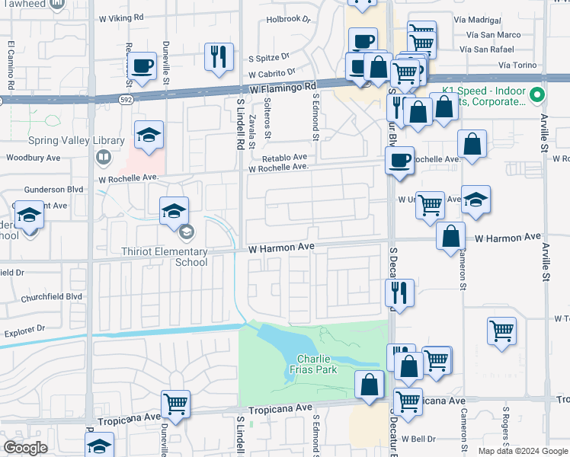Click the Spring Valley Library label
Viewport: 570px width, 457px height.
tap(76, 141)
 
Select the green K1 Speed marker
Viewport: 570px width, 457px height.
tap(538, 95)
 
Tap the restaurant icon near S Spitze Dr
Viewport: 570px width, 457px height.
tap(219, 57)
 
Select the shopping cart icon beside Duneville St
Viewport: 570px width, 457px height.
tap(176, 404)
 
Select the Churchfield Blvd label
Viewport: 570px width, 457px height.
tap(51, 297)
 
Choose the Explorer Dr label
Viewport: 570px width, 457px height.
tap(24, 331)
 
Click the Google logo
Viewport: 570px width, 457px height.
tap(25, 448)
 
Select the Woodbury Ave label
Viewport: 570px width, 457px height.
tap(33, 158)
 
